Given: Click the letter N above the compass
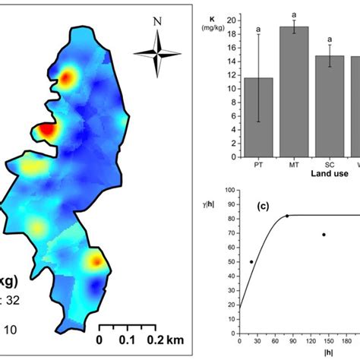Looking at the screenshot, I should click(156, 22).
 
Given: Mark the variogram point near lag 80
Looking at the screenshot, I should click(287, 216).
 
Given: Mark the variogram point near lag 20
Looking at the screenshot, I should click(251, 262).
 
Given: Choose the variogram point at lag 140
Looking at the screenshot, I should click(324, 235).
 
